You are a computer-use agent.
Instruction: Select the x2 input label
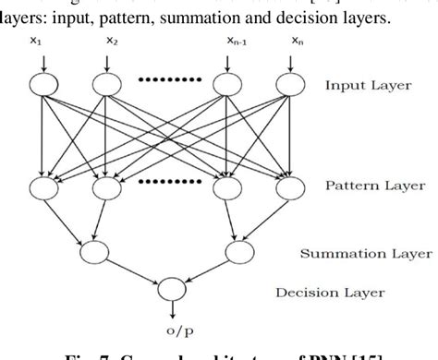tap(112, 40)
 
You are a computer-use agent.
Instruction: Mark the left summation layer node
tap(93, 250)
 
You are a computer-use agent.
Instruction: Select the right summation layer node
tap(235, 250)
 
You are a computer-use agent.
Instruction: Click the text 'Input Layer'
tap(367, 87)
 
